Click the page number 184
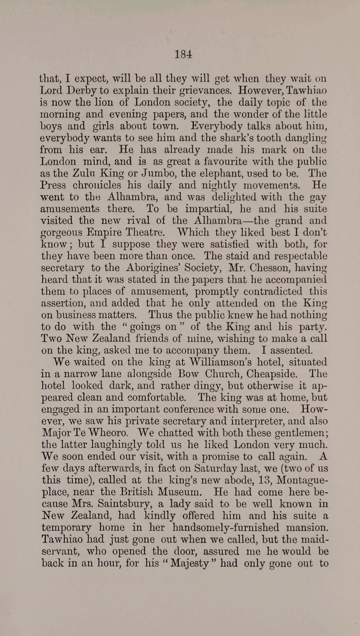click(183, 54)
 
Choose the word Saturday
click(215, 468)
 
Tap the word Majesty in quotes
click(189, 563)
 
